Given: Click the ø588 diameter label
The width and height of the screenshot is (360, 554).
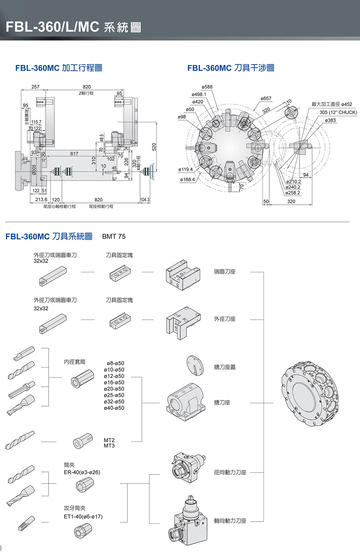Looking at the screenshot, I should tap(207, 87).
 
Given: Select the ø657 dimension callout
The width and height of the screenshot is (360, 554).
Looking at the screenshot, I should tap(266, 99).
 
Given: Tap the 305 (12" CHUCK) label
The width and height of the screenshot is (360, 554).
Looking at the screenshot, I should tap(338, 112).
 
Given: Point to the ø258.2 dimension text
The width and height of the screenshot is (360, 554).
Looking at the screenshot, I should tap(293, 193).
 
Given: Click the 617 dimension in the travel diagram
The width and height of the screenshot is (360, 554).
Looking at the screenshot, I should tap(74, 154).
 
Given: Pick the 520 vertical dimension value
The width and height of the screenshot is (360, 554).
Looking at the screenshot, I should tap(154, 147).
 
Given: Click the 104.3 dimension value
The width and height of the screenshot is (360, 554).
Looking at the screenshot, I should tap(145, 200).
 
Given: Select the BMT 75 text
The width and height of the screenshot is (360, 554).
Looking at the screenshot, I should tap(114, 236).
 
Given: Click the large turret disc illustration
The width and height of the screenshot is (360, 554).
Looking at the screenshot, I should tap(309, 394).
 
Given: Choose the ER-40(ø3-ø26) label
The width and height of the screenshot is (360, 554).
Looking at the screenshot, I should tap(82, 472).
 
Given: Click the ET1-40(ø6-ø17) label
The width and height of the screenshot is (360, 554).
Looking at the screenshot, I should tap(83, 517).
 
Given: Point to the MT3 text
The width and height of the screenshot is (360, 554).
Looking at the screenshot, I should tap(109, 446).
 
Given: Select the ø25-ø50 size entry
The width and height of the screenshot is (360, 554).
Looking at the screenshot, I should tap(114, 395).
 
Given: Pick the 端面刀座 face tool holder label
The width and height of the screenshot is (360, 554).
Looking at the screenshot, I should tap(225, 272).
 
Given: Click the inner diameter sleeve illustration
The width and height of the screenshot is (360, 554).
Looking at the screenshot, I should tap(82, 378).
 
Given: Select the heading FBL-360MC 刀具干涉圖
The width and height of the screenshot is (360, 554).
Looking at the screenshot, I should tap(231, 68).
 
